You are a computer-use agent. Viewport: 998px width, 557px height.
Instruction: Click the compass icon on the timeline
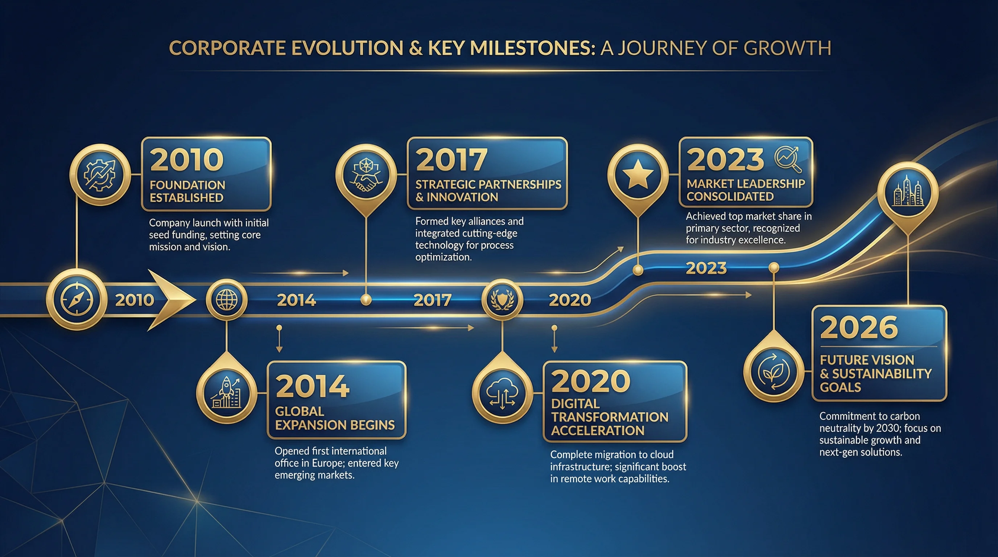77,300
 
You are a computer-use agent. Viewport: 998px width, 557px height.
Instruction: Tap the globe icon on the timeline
227,300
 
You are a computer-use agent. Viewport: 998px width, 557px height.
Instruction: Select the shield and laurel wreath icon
502,300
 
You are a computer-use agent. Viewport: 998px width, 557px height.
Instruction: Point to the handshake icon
366,175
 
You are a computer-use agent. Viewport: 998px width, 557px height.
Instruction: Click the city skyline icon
908,192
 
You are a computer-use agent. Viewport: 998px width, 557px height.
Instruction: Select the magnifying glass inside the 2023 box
788,159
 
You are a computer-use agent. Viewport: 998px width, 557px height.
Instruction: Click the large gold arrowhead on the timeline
170,300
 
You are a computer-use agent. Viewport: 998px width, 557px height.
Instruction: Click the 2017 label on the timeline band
432,300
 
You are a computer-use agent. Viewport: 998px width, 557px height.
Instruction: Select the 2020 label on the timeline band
570,300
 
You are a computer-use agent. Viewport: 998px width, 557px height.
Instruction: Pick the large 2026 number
858,327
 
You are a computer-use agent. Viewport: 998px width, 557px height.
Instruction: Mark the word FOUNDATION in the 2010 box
187,185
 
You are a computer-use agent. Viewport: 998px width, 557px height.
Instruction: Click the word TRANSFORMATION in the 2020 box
610,417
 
